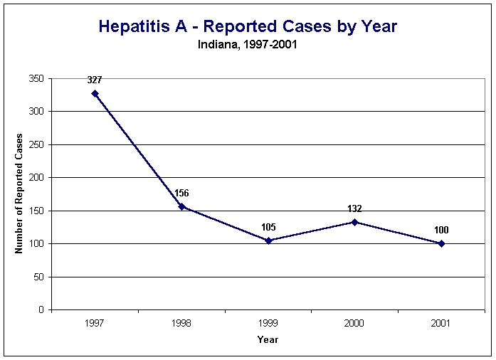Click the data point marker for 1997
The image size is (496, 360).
[95, 93]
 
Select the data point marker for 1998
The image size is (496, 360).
[181, 206]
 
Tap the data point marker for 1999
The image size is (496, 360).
[268, 240]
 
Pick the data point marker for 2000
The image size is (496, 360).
[354, 222]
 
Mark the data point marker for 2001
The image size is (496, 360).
[441, 243]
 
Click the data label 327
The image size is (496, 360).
[95, 80]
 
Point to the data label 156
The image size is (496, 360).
[181, 194]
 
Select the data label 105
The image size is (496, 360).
[268, 227]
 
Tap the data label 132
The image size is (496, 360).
[354, 208]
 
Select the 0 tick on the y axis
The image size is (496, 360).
[42, 310]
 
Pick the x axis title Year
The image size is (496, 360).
[268, 339]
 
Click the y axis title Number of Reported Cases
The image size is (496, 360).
[20, 194]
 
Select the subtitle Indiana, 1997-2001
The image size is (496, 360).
[246, 43]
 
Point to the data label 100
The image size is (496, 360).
[441, 230]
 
